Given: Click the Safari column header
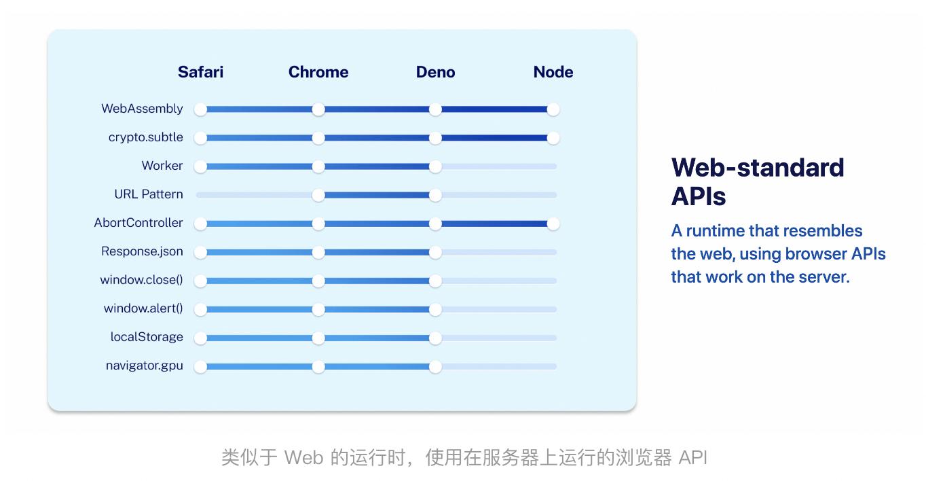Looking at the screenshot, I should pos(200,72).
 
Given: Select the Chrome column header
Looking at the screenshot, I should pos(318,72).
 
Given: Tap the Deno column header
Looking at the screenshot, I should pos(435,72).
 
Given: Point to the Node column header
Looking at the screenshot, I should pos(553,72).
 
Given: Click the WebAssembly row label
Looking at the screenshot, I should pos(142,109).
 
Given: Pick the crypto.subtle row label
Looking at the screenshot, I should pos(145,137).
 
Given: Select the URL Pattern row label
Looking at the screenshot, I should pos(149,194).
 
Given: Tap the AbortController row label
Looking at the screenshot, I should pos(138,223).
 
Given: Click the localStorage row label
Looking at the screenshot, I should pos(147,337).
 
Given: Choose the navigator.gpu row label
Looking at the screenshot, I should pos(144,366).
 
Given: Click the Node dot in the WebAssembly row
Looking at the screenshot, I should pos(553,109).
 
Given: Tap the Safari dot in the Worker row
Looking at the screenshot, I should pos(200,166).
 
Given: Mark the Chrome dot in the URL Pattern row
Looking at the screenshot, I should pos(318,195).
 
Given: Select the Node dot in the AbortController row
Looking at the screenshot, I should pos(553,224).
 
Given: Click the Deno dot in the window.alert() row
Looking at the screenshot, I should pos(435,309).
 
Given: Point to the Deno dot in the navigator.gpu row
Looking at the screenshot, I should pos(435,366).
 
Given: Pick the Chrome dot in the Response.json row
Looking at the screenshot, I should pos(318,252).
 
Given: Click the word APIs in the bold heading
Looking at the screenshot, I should pos(699,196).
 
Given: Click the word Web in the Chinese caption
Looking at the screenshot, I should pos(303,457).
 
